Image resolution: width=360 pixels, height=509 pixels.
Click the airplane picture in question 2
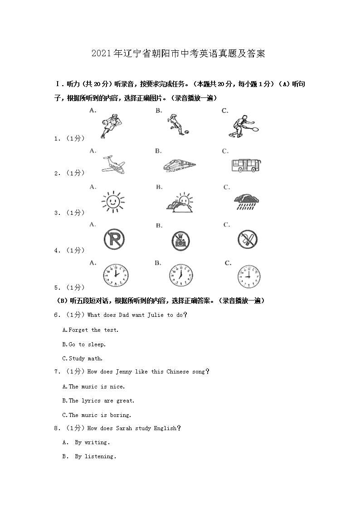pos(112,165)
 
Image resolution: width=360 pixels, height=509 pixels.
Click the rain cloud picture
pos(247,201)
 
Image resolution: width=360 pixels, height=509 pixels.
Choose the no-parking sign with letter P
pos(114,239)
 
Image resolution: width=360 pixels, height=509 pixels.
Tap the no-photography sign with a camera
pos(181,239)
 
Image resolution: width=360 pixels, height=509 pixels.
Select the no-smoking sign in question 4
pos(247,239)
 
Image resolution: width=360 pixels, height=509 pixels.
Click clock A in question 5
pos(116,275)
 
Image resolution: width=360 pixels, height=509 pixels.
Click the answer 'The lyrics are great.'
pos(98,401)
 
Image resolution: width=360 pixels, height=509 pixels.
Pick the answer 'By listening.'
pos(95,456)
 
